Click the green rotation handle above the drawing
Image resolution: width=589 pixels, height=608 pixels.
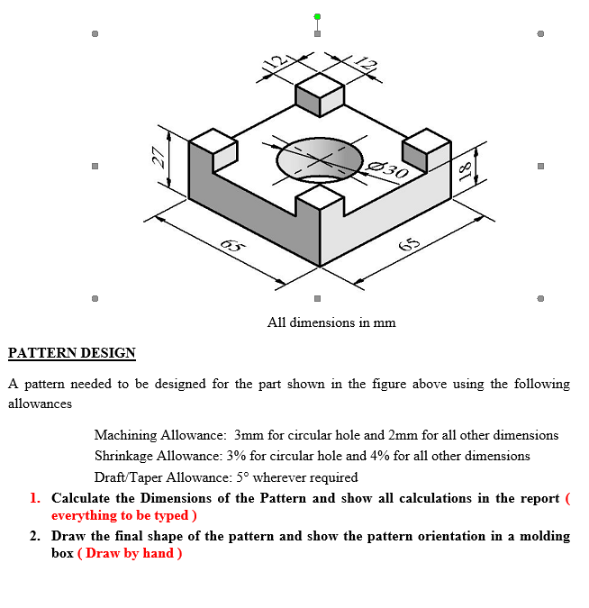(x=317, y=16)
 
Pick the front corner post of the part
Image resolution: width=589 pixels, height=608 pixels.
(x=320, y=205)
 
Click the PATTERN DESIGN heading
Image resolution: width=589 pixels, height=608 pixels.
(x=72, y=353)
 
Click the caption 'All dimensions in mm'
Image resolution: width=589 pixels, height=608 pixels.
(x=331, y=322)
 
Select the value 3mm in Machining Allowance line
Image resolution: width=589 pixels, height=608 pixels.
(x=248, y=435)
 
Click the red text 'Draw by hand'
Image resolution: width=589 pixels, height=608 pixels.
(x=131, y=553)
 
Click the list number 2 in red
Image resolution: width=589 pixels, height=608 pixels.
(x=35, y=536)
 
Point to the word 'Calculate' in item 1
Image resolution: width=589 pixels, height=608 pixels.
(x=82, y=498)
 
